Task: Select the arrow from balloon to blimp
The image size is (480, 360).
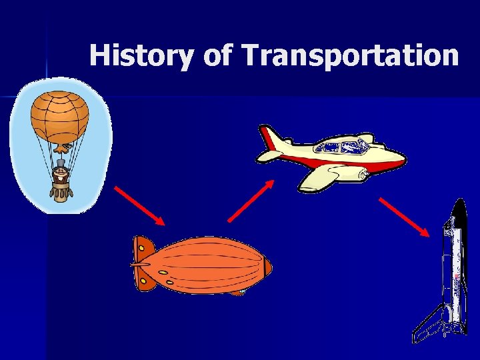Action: pyautogui.click(x=139, y=205)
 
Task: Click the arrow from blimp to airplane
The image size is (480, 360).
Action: pyautogui.click(x=251, y=201)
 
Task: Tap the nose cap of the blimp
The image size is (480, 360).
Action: pyautogui.click(x=267, y=267)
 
